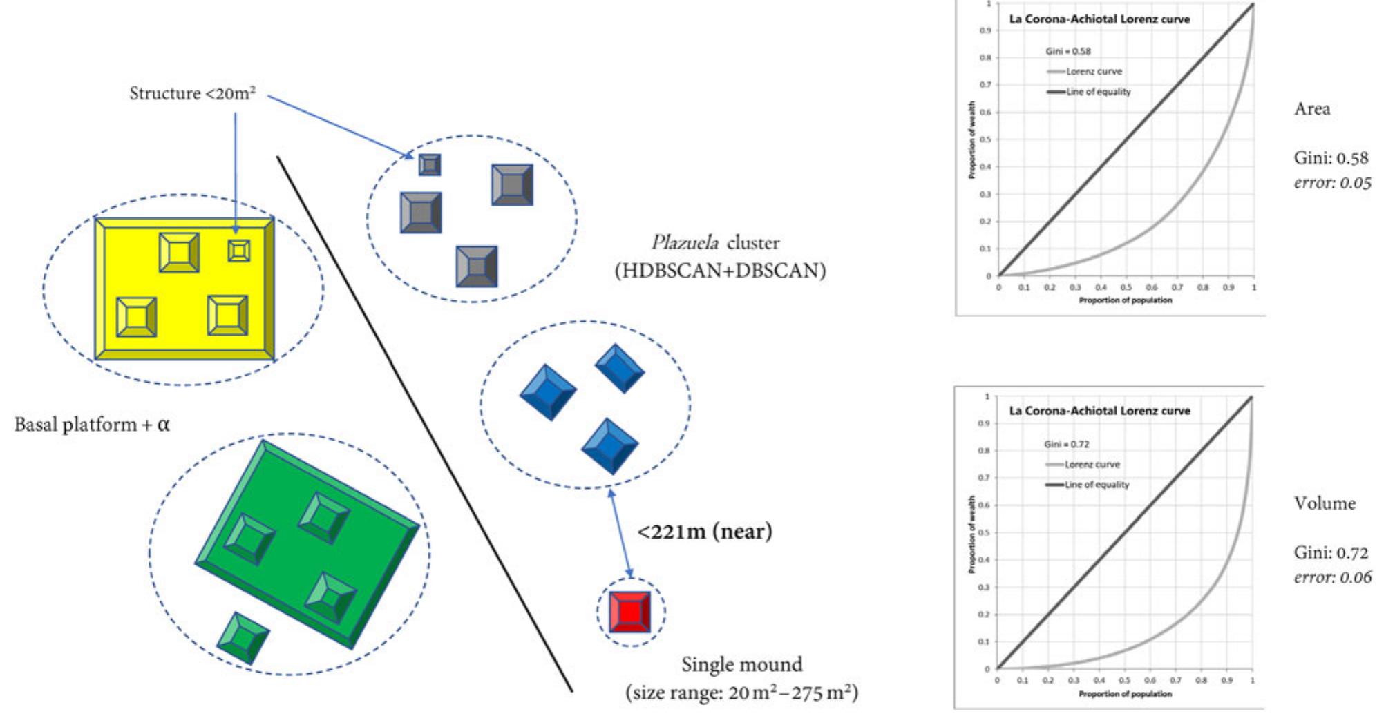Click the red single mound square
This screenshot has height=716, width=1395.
(629, 612)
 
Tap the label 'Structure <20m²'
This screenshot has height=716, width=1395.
(192, 93)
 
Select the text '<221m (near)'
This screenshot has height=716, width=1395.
(704, 532)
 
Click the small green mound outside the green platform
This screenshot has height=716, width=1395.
(243, 638)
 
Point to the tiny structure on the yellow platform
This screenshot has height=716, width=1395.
(239, 250)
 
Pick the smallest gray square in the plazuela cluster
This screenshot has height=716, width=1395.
(429, 165)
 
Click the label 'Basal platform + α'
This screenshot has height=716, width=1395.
(92, 424)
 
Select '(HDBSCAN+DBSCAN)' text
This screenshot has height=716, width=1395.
(720, 271)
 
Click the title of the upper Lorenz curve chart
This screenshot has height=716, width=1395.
(1099, 19)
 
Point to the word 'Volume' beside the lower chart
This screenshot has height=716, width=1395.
(1324, 503)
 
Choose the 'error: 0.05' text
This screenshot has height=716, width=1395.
(1331, 183)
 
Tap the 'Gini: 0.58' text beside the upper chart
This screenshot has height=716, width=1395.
(1330, 158)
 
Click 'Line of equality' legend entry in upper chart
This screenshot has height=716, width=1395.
(1098, 92)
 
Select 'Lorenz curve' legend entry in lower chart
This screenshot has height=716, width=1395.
(1092, 464)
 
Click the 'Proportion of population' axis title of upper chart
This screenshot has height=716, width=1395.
(1125, 300)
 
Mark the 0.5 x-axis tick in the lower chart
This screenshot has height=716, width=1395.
(1124, 680)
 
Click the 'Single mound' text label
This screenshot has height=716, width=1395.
(741, 664)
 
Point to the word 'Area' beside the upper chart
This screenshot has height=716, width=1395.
(1311, 109)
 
